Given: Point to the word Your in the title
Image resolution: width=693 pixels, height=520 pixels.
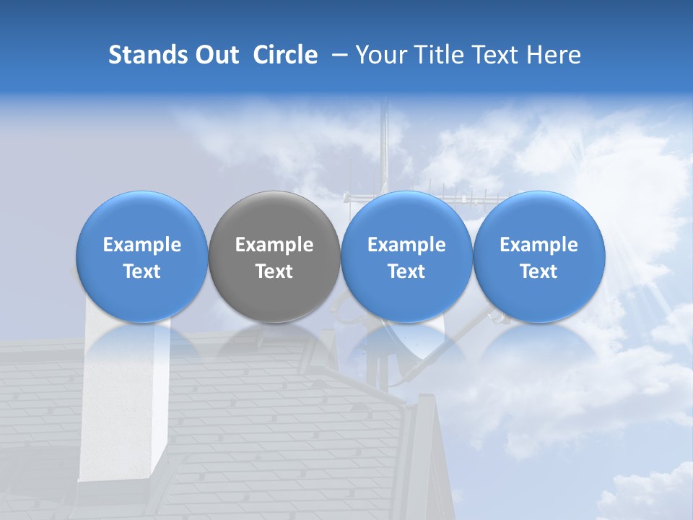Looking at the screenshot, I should click(379, 55).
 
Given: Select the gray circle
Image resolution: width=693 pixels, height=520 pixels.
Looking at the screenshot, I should click(274, 257).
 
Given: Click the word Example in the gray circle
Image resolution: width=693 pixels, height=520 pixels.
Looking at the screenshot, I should click(274, 245).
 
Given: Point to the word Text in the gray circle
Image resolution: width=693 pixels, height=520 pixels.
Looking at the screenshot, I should click(274, 272).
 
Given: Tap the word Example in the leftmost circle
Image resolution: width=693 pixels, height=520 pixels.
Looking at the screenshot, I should click(142, 245).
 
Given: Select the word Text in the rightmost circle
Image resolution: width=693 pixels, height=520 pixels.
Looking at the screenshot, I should click(539, 272).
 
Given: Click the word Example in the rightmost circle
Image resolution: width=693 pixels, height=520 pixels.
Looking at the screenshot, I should click(539, 245).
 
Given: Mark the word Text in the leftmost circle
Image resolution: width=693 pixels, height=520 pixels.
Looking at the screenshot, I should click(142, 272).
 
